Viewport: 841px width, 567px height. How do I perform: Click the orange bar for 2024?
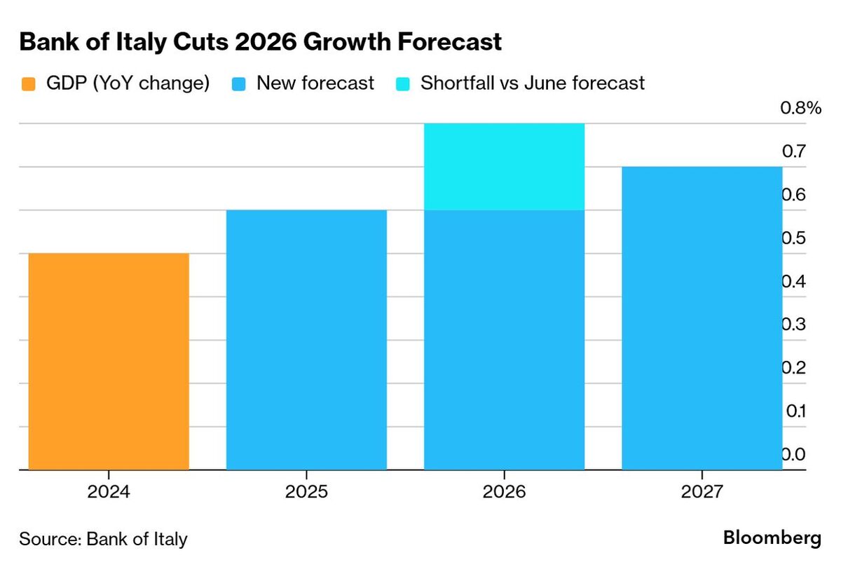(109, 361)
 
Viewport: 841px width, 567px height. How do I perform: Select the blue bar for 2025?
(306, 340)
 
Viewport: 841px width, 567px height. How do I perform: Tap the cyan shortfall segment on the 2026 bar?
(504, 167)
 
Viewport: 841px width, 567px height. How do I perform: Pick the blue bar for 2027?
(702, 318)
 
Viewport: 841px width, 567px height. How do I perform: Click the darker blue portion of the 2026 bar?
(504, 340)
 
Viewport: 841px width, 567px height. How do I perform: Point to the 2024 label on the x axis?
(109, 492)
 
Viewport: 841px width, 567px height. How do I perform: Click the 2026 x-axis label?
(504, 492)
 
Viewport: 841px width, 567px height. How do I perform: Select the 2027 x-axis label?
(702, 492)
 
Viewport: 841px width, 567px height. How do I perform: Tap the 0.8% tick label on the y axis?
(800, 108)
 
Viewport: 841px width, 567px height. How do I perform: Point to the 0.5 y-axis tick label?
(794, 238)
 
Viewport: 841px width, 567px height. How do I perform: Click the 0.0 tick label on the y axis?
(794, 455)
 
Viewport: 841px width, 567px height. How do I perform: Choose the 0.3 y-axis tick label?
(794, 325)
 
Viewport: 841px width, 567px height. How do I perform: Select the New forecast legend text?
(315, 83)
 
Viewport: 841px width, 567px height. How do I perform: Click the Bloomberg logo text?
(772, 538)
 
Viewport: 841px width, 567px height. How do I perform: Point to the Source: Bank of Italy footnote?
(104, 539)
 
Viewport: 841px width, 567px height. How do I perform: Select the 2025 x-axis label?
(306, 492)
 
